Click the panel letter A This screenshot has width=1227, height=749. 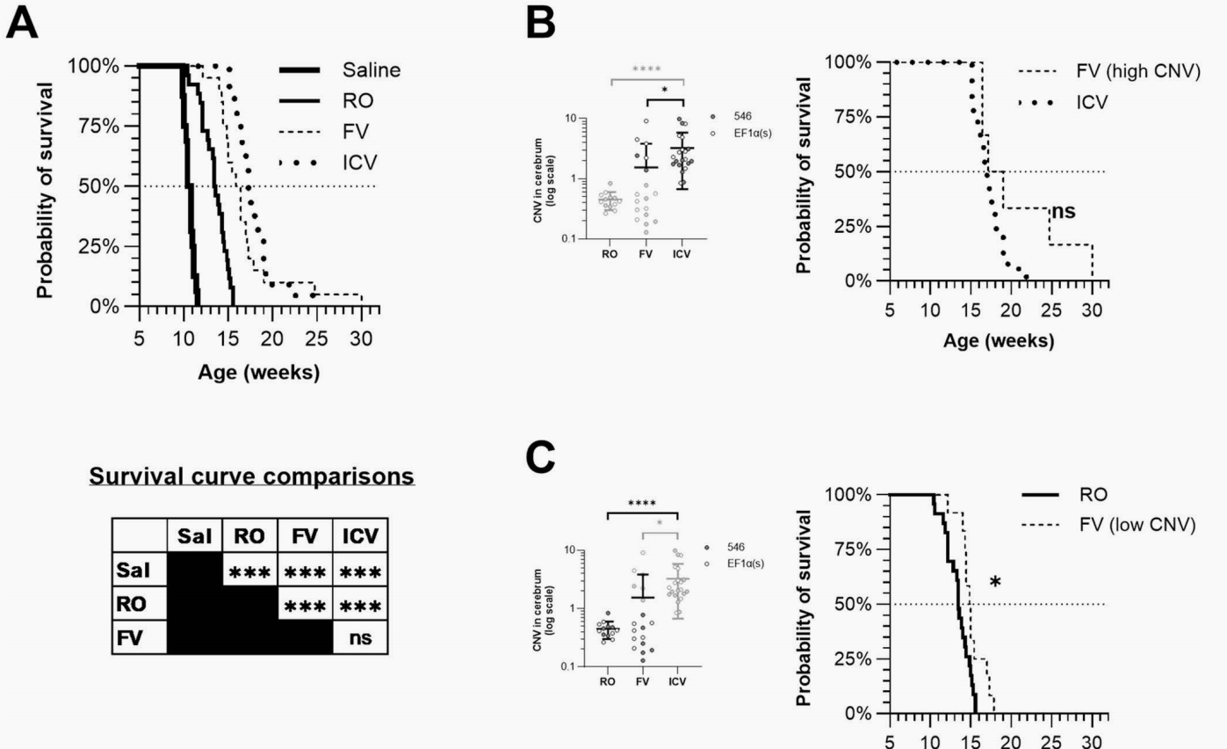coord(23,24)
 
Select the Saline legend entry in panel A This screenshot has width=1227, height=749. coord(371,70)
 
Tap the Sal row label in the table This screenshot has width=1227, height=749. coord(131,570)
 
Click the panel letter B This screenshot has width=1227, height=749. coord(539,24)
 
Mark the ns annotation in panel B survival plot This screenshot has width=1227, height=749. coord(1062,211)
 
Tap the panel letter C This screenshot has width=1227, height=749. coord(539,456)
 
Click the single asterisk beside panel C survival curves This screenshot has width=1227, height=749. coord(995,583)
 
